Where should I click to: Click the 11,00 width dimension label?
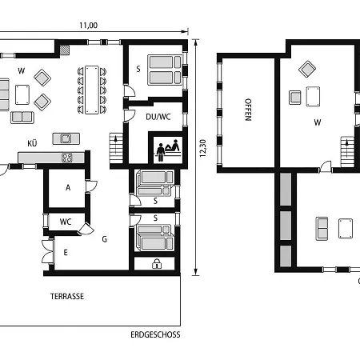point(89,26)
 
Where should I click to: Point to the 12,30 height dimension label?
point(203,148)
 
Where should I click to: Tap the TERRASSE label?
point(67,296)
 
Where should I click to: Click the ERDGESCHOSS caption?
point(155,334)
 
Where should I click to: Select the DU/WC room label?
point(158,117)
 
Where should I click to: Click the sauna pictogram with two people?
point(168,150)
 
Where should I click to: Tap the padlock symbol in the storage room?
point(157,263)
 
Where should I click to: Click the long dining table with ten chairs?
point(92,90)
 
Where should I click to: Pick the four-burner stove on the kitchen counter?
point(67,158)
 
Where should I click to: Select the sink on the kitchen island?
point(66,138)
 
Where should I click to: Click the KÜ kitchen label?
point(32,143)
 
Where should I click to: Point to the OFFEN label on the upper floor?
point(248,110)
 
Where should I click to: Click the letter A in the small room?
point(68,188)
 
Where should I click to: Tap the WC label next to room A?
point(66,222)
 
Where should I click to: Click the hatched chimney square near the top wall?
point(65,50)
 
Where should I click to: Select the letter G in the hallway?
point(105,239)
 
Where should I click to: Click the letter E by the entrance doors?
point(66,252)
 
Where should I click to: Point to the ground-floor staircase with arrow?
point(116,148)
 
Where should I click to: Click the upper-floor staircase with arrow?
point(347,152)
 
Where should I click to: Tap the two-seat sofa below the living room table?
point(22,118)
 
